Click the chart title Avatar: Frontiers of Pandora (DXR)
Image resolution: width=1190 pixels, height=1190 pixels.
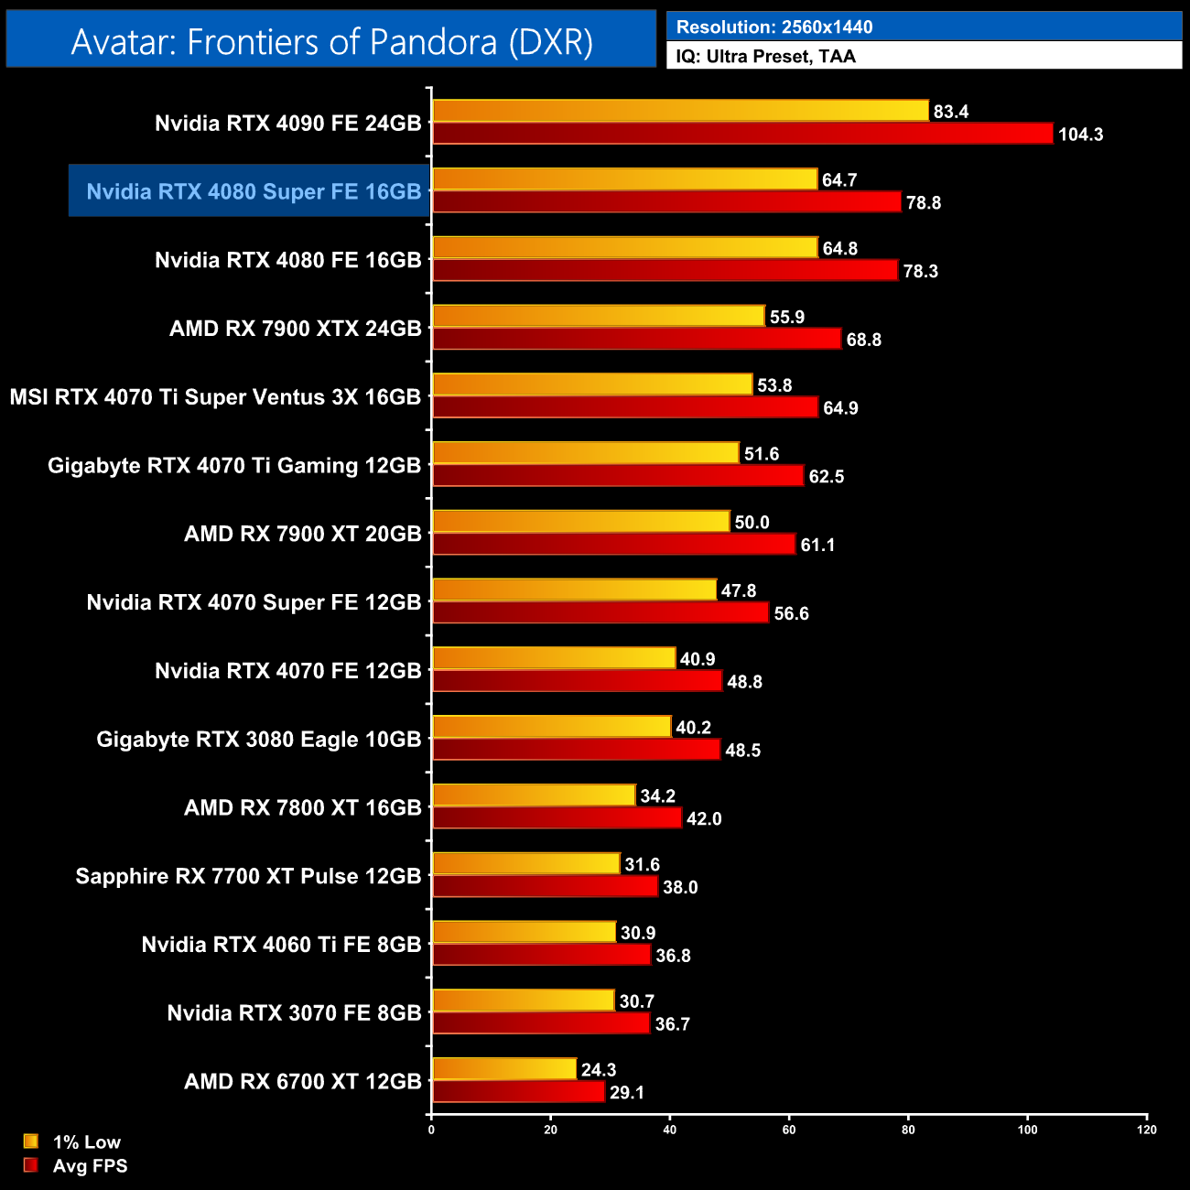(331, 41)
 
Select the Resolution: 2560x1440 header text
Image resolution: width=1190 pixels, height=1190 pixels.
(773, 27)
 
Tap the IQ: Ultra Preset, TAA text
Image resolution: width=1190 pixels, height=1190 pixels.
(765, 57)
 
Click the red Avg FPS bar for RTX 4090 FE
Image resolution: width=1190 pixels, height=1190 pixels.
(741, 134)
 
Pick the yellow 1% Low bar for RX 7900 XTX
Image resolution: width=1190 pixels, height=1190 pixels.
(598, 316)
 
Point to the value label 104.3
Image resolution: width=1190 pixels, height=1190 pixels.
(1080, 135)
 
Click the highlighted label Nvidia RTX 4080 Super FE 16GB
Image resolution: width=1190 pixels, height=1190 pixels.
(254, 191)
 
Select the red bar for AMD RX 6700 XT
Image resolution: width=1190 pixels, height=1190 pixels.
(518, 1092)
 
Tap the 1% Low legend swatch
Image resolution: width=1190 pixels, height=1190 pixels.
(31, 1141)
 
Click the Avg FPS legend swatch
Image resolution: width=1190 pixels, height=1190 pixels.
(31, 1165)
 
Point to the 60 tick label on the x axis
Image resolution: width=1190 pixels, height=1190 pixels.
(789, 1130)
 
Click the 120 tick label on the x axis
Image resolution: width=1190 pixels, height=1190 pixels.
(1147, 1130)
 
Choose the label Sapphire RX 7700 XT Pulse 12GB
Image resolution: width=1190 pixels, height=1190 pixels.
(248, 876)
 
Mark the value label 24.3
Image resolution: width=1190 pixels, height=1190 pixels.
(599, 1070)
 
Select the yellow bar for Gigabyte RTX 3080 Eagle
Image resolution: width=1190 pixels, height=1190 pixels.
(551, 727)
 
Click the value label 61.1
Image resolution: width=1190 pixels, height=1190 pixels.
(817, 546)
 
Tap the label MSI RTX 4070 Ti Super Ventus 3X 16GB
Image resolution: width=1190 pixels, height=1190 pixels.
(215, 397)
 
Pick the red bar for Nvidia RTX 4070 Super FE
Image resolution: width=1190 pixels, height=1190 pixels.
(600, 613)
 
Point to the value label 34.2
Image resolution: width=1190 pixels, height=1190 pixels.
(657, 796)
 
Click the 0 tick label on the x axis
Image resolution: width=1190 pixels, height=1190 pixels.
(431, 1130)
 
